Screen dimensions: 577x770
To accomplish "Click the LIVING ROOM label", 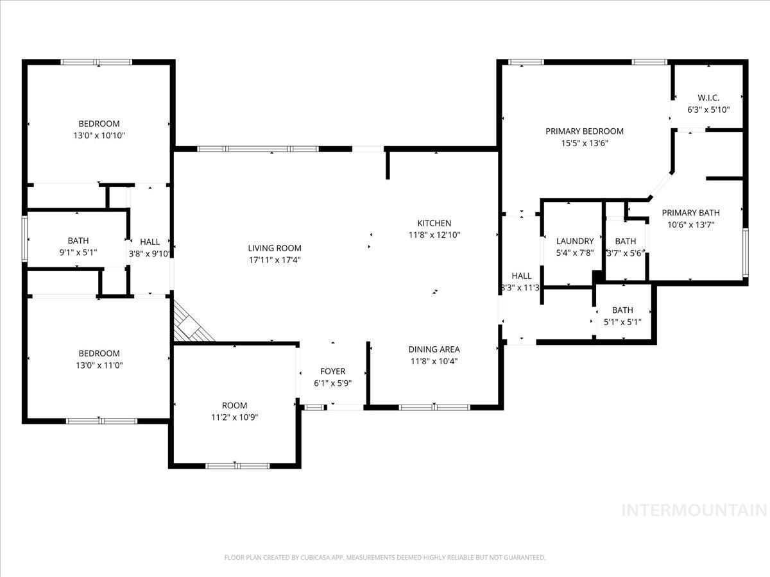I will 275,248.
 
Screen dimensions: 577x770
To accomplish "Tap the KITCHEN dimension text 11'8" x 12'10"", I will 434,235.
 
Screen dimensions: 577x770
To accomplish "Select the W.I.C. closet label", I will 708,98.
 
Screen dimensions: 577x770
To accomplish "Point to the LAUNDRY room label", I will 575,241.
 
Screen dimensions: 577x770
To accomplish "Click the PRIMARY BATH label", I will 690,213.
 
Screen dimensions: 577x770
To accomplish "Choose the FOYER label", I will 332,371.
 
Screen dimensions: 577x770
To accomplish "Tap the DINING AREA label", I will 434,349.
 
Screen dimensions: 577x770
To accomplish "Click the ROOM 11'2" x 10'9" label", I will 234,405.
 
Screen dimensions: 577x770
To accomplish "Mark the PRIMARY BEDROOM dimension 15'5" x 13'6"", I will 584,143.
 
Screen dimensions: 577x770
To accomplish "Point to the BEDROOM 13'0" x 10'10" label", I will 99,124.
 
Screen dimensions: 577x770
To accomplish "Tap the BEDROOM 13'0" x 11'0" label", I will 99,353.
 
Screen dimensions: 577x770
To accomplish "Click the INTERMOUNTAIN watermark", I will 694,510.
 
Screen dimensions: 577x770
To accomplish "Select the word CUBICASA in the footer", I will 319,558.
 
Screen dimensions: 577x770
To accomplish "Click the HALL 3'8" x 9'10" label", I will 150,242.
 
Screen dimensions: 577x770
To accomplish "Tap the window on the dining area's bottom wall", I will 434,407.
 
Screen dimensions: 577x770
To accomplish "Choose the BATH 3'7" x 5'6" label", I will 625,241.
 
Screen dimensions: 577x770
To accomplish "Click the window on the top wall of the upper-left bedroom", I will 96,62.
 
